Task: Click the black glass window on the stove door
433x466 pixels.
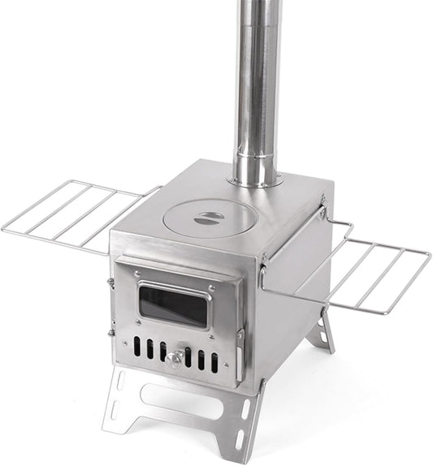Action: pos(172,306)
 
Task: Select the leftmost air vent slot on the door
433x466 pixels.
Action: pos(136,345)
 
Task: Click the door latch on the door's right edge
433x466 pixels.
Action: pos(239,344)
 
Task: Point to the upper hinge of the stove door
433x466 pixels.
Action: pos(111,283)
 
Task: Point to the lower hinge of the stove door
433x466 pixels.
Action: pos(111,331)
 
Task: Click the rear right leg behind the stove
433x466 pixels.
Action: pos(325,333)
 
